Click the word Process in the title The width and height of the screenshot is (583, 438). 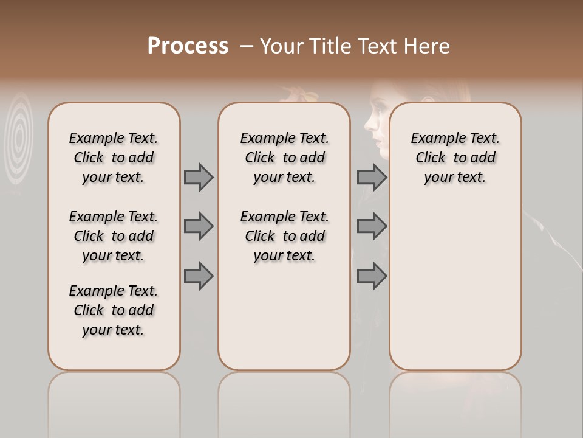(x=188, y=46)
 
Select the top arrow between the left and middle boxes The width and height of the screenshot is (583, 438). (x=199, y=177)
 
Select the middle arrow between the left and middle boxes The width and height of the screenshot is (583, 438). (x=199, y=226)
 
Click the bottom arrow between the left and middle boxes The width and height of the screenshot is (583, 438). (x=199, y=276)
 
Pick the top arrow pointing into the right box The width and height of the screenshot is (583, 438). (x=372, y=177)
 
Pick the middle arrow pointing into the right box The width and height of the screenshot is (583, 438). (x=372, y=226)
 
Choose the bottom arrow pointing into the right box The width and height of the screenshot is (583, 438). (x=372, y=276)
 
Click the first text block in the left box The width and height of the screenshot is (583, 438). (x=114, y=158)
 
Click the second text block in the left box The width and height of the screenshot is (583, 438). (x=114, y=236)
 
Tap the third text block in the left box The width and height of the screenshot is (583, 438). (x=114, y=310)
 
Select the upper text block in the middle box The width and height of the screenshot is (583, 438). (x=284, y=158)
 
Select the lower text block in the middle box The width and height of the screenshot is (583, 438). (x=284, y=236)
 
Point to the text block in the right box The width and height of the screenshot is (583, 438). (x=455, y=158)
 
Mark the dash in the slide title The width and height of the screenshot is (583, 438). (x=246, y=47)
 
